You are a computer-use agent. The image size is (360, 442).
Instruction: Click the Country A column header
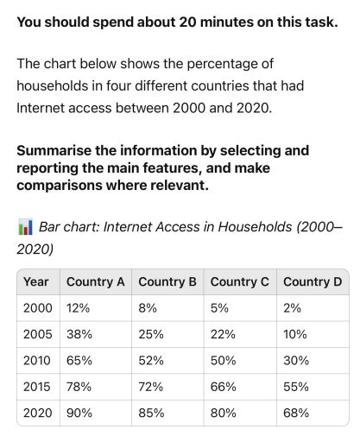95,281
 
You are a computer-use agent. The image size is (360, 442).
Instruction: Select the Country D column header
312,281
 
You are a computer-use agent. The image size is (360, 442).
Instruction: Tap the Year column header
36,281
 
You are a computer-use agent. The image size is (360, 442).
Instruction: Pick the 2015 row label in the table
38,386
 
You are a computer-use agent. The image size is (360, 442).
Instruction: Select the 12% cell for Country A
79,308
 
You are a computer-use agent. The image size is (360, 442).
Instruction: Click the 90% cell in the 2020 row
80,413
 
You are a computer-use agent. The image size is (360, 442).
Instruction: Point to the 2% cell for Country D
292,308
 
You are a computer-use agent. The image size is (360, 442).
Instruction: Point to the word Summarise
55,150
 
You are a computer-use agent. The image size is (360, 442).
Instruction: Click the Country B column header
167,281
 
